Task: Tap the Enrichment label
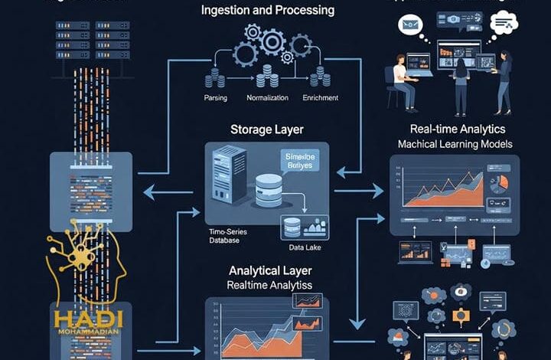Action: [321, 98]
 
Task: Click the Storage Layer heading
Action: [266, 129]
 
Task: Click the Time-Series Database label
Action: [229, 235]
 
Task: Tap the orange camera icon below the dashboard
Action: [461, 315]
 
